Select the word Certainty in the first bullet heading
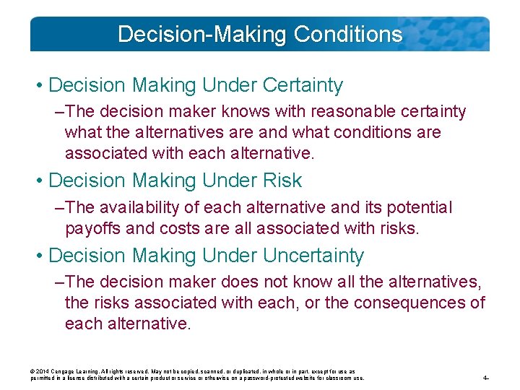(x=303, y=85)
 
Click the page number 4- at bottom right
(x=487, y=378)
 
